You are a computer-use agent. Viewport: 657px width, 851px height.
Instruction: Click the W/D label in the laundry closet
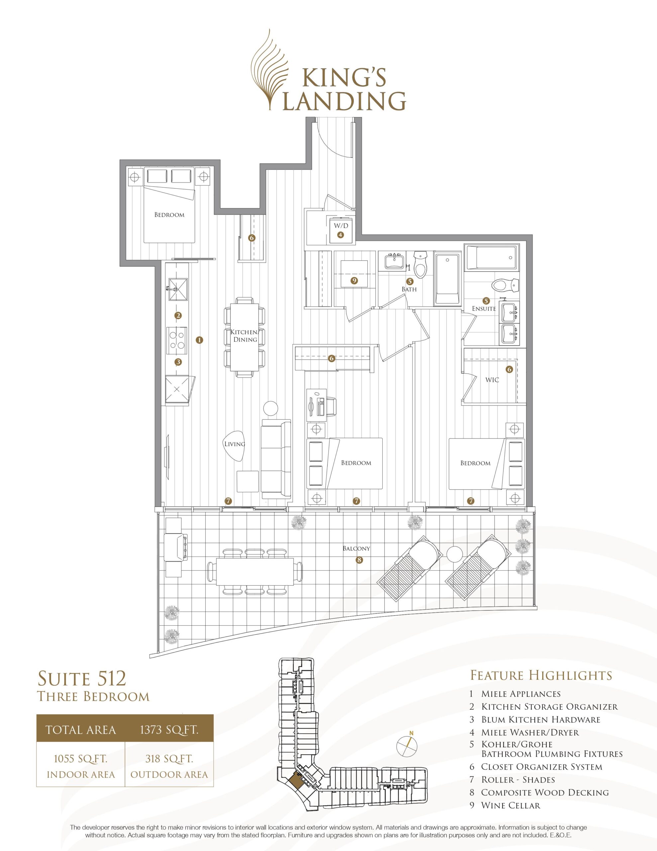340,226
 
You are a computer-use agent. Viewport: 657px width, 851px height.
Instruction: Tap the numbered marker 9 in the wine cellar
354,281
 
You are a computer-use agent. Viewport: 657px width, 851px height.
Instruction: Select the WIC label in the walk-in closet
492,380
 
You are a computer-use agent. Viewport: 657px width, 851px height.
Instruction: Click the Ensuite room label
484,308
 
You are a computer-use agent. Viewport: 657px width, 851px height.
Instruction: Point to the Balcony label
356,548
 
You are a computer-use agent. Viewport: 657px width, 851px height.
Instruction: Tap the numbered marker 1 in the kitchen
200,340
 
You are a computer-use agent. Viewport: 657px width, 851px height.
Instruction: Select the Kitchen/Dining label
244,335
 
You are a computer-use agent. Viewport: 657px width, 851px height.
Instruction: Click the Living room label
235,443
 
